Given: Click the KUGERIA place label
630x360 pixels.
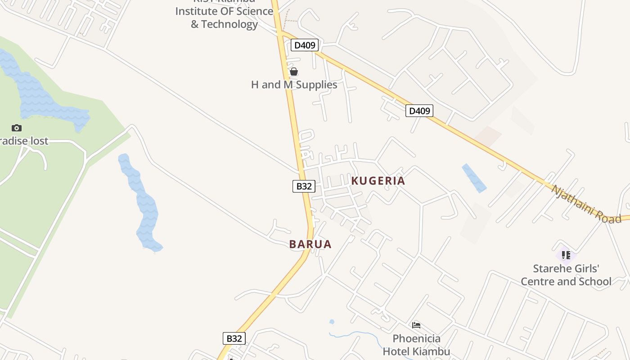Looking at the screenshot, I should (x=378, y=181).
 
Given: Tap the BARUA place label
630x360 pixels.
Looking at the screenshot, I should (x=310, y=244).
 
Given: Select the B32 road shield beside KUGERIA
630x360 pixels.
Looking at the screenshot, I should (x=304, y=186).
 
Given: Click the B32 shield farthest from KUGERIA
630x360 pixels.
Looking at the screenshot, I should (x=234, y=338).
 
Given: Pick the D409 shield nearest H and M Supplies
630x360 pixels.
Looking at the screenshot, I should (x=305, y=45).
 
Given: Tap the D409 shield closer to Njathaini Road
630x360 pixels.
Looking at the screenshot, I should (x=419, y=111).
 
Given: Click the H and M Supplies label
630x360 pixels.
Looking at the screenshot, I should (x=294, y=85).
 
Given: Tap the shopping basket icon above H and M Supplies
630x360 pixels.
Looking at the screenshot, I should (x=294, y=72).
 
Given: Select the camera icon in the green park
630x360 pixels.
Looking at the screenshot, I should (x=17, y=128).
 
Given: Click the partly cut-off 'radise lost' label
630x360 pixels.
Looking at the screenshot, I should (x=24, y=141).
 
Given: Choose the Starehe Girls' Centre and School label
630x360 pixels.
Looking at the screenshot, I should (x=566, y=275).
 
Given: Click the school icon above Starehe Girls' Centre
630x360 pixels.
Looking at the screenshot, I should (x=566, y=255).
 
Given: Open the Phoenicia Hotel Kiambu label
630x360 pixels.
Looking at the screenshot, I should (x=416, y=345).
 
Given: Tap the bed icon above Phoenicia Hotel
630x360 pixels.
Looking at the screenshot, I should (x=416, y=325).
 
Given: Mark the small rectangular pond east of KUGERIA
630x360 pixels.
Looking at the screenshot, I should (x=474, y=178).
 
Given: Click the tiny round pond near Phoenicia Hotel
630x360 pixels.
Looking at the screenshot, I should (x=332, y=322).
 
